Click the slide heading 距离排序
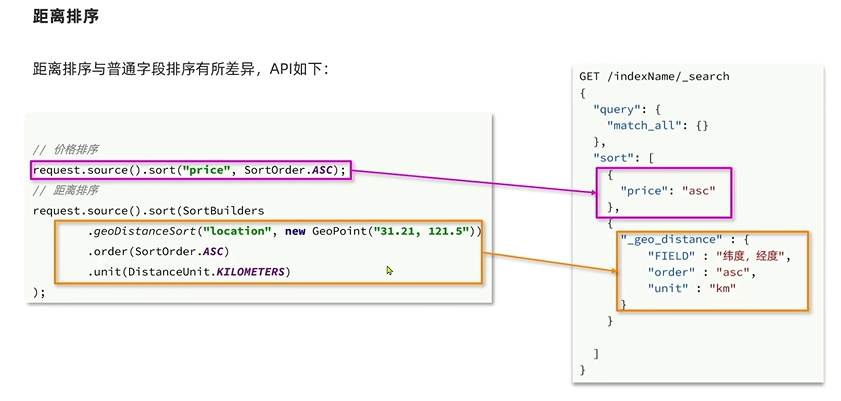[65, 18]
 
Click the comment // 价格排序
[65, 149]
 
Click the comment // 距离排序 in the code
[65, 190]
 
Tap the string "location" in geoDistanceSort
[238, 231]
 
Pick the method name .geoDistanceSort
[140, 231]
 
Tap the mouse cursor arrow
[389, 270]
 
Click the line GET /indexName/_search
[654, 77]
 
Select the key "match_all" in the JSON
[642, 125]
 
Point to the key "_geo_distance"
[668, 240]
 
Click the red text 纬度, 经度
[760, 256]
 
